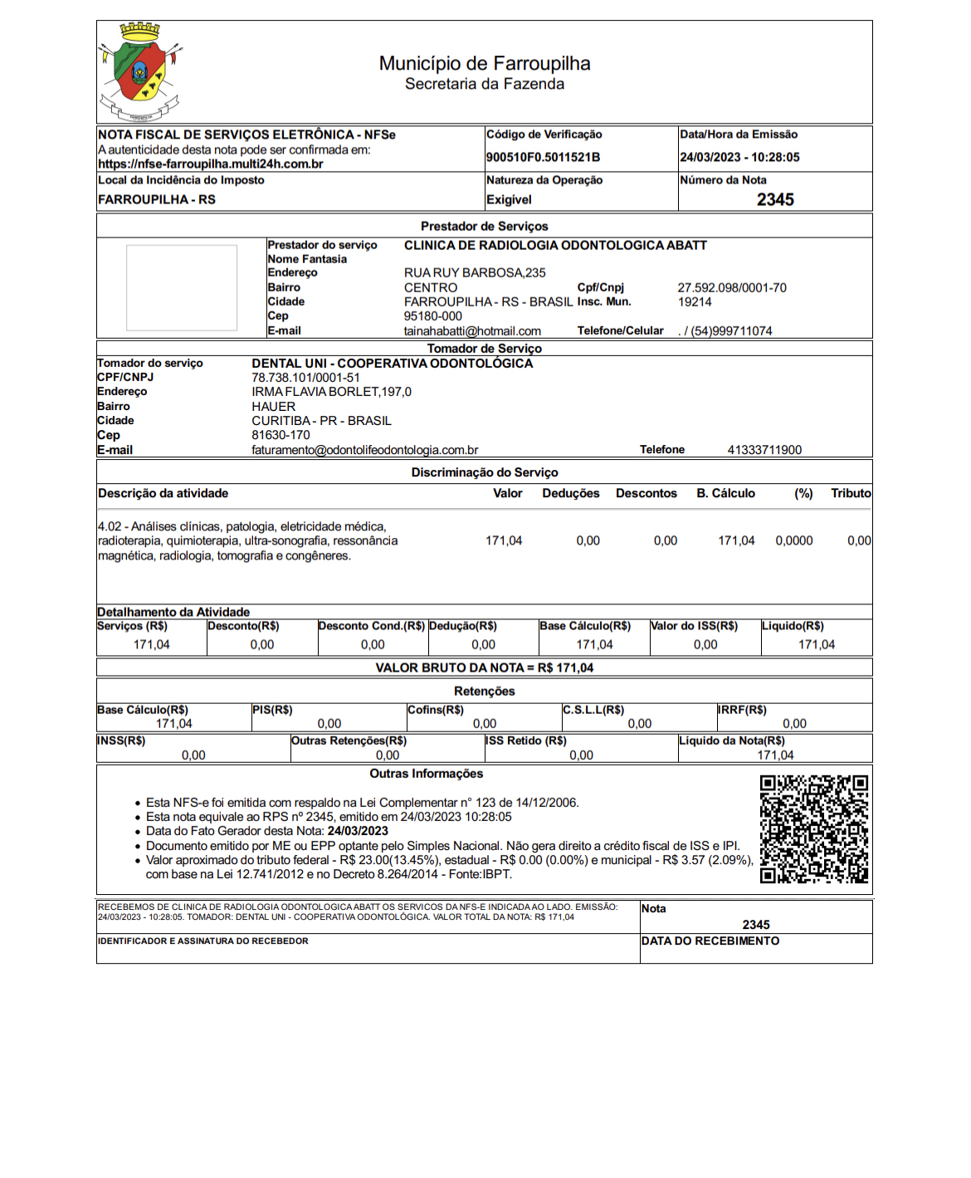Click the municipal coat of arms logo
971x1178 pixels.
tap(139, 72)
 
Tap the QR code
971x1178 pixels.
tap(814, 829)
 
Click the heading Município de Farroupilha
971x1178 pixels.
tap(485, 64)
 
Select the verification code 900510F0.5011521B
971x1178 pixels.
tap(543, 157)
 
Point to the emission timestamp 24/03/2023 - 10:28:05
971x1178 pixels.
tap(739, 157)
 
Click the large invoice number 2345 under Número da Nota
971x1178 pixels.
tap(775, 199)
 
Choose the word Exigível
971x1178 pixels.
tap(509, 200)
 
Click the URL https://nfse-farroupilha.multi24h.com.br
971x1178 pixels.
tap(211, 164)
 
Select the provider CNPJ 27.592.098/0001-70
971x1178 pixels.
tap(732, 288)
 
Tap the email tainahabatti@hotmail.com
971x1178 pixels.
tap(472, 331)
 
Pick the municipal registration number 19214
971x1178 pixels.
tap(695, 302)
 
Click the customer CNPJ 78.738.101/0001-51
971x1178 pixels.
tap(305, 378)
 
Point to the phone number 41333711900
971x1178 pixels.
tap(764, 450)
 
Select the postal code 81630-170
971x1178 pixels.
tap(281, 435)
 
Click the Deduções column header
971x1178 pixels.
tap(571, 493)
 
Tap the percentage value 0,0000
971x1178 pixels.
tap(794, 540)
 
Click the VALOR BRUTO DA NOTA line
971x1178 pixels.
tap(485, 667)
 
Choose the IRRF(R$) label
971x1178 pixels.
tap(742, 710)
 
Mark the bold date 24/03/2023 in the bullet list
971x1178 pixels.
tap(358, 831)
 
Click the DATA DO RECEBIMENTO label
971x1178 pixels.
tap(710, 941)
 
